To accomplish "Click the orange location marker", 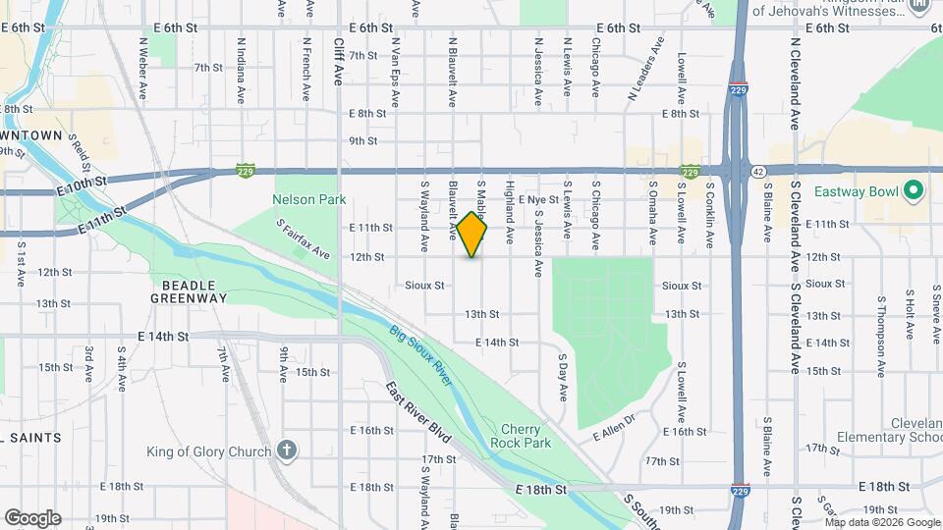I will [x=472, y=235].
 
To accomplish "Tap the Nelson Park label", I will [x=309, y=199].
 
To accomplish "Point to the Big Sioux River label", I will [x=419, y=354].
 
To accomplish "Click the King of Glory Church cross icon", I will [x=287, y=450].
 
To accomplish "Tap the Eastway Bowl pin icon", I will [x=914, y=189].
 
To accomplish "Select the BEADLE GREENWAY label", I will [x=189, y=290].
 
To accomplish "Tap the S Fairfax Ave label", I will [x=303, y=238].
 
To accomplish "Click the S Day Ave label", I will [x=563, y=377].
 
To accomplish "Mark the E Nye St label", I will [x=539, y=199].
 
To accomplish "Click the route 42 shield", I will [x=758, y=171].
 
